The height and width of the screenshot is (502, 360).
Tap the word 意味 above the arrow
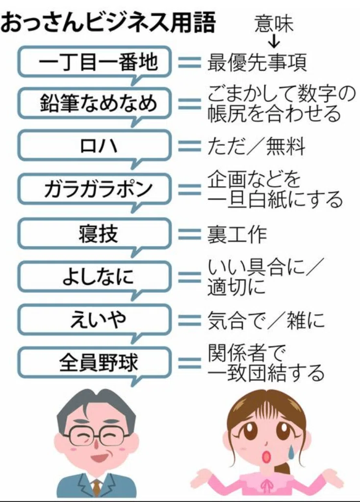(274, 23)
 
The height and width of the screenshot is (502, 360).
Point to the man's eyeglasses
(97, 433)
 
